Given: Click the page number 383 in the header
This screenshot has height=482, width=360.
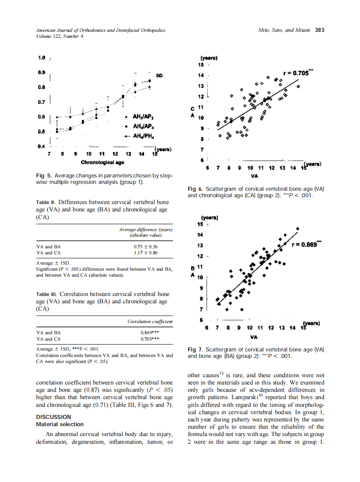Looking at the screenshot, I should [319, 30].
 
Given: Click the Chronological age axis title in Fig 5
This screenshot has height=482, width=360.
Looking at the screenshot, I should [103, 162].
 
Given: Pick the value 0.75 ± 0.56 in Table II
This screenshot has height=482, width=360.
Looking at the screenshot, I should [146, 247].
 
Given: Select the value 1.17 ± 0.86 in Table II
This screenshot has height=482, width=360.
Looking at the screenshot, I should [146, 253].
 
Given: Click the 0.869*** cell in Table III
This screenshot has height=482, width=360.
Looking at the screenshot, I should [150, 333].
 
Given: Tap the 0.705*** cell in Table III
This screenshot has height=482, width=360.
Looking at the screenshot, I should [150, 339].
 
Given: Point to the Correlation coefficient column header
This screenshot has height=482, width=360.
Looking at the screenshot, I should [150, 321].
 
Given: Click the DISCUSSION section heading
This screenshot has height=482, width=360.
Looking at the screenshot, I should [54, 417].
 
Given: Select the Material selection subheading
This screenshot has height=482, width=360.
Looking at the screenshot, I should [60, 424].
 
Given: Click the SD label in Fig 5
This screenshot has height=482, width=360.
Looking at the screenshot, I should [159, 76].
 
